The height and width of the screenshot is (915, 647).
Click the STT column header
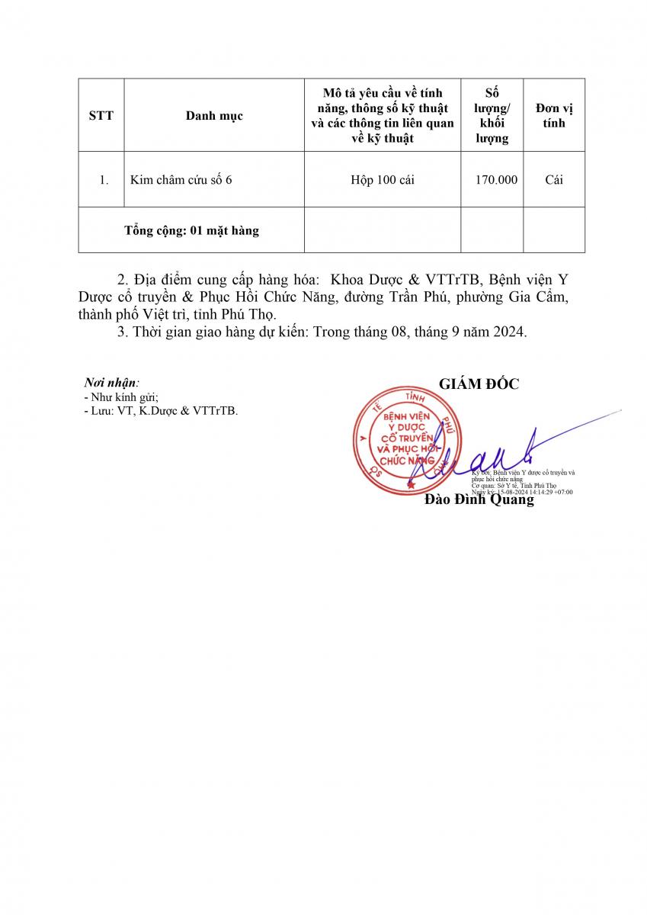point(101,116)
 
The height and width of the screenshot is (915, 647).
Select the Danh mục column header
point(214,116)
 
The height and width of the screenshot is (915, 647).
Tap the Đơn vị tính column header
point(554,116)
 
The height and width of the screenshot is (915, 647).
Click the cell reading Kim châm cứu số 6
point(181,180)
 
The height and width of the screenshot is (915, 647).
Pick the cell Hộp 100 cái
point(383,180)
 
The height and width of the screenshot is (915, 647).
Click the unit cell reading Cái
point(554,180)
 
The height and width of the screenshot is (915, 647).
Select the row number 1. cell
point(104,180)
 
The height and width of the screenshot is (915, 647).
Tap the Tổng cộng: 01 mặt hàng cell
point(191,230)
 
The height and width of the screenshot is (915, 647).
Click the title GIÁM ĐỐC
point(479,384)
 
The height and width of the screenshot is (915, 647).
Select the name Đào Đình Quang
point(479,500)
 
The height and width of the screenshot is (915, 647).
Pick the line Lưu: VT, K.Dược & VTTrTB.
point(164,411)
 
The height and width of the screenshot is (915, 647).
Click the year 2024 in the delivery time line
point(509,332)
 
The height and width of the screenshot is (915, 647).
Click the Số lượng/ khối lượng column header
point(492,116)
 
